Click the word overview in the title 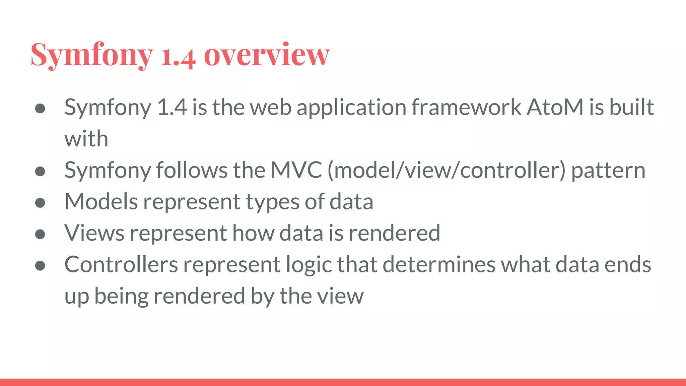tap(267, 55)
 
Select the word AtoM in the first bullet tap(555, 107)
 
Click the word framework tap(466, 107)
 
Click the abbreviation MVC tap(296, 170)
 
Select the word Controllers tap(121, 264)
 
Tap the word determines tap(439, 264)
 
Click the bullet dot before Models tap(40, 203)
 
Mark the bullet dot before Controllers tap(40, 266)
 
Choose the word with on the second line tap(86, 138)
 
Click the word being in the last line tap(121, 297)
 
